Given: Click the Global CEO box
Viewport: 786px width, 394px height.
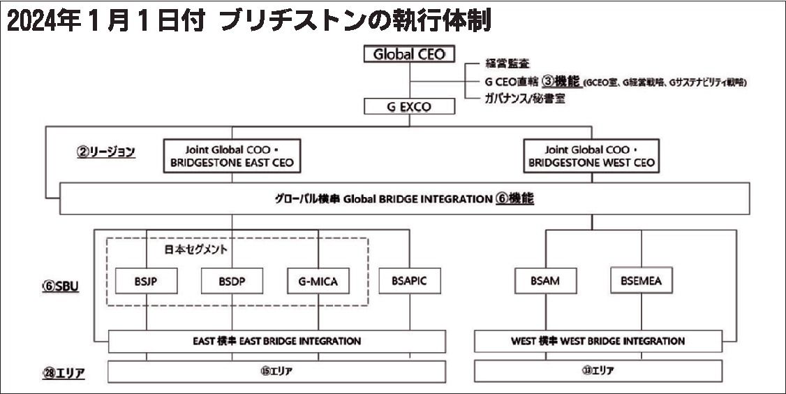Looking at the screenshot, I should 409,54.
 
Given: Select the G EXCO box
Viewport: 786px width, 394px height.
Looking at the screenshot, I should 409,107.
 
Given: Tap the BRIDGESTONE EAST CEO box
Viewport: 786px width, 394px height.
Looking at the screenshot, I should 232,156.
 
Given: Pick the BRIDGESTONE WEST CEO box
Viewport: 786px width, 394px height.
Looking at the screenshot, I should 591,156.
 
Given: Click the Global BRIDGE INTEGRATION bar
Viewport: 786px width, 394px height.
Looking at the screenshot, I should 404,199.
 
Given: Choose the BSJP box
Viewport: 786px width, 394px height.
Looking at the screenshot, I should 147,281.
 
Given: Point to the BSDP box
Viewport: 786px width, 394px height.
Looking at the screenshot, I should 232,281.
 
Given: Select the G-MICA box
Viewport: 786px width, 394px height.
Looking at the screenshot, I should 318,281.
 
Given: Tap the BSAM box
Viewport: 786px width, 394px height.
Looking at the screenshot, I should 545,281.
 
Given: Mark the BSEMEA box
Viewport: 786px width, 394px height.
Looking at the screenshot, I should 641,281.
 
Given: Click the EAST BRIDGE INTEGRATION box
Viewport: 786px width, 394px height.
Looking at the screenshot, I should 276,342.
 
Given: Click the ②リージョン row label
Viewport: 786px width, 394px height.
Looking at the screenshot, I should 105,151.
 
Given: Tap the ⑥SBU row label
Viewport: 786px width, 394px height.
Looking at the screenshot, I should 61,286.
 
